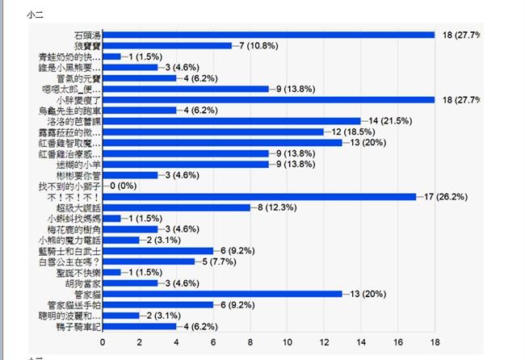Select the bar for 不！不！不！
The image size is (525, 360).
(259, 196)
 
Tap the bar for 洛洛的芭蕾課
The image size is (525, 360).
(231, 121)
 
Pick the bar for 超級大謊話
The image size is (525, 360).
(176, 207)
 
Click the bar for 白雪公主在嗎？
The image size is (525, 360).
(149, 262)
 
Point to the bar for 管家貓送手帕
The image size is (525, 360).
(157, 304)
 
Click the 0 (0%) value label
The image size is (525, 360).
(123, 186)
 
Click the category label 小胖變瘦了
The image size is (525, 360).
(78, 99)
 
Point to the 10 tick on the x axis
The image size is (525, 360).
(288, 342)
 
